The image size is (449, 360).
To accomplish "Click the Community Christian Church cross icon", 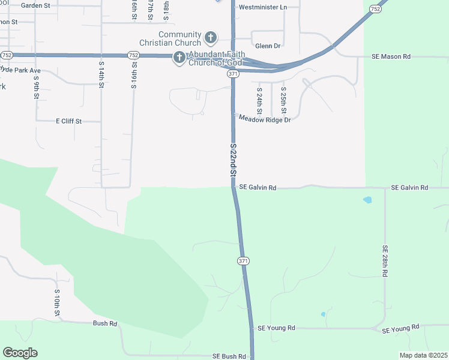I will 210,38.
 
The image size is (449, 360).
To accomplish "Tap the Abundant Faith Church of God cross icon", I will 178,58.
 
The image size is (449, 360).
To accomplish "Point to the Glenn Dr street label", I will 268,46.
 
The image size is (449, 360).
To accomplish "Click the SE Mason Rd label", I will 391,56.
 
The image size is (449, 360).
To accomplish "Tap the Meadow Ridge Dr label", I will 265,120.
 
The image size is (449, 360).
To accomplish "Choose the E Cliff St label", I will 69,121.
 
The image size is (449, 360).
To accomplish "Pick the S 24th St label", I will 259,101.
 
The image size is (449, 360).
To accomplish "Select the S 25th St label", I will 283,101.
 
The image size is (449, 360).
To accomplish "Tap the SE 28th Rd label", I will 385,260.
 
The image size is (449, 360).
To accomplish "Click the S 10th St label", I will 57,304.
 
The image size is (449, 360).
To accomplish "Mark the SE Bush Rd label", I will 229,356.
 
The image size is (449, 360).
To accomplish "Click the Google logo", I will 20,353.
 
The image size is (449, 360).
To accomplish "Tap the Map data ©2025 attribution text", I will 423,355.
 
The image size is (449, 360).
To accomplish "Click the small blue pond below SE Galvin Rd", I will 367,200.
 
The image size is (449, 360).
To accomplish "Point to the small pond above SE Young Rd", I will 323,314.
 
